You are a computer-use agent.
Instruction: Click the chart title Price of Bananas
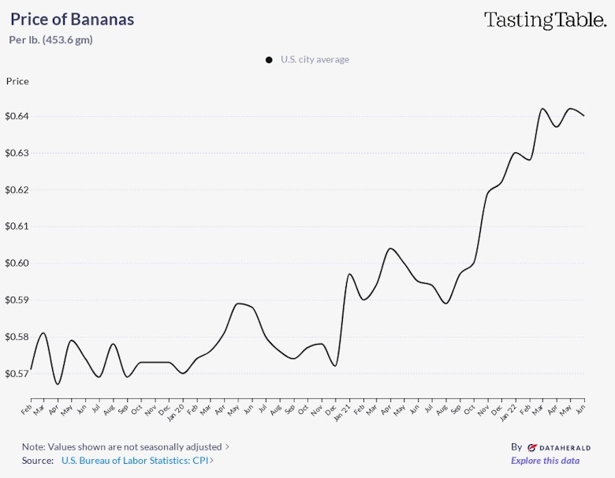click(x=72, y=20)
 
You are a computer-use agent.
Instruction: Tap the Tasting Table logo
click(x=544, y=21)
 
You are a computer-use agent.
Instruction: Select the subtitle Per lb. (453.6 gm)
click(x=50, y=40)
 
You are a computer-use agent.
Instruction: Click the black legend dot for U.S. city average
click(x=270, y=60)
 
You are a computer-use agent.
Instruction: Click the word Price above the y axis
click(x=17, y=81)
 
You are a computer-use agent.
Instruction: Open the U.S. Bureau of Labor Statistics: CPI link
click(x=136, y=461)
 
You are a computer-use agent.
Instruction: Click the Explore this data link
click(x=545, y=461)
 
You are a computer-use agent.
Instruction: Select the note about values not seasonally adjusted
click(x=123, y=446)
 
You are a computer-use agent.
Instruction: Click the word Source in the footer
click(x=38, y=461)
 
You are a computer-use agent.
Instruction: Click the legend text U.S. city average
click(x=315, y=60)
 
